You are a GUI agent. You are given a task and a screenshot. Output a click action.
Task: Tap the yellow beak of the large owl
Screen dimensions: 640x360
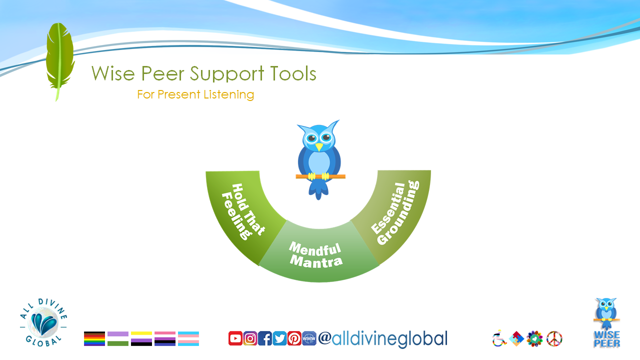coord(319,147)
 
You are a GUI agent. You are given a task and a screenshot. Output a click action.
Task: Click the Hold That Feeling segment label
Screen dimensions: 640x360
coord(243,211)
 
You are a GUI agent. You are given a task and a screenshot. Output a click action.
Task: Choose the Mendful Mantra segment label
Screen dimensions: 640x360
coord(315,255)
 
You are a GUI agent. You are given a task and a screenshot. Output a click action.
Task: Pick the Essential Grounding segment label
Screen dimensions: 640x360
coord(395,212)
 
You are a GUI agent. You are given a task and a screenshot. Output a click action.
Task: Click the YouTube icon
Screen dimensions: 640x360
coord(235,338)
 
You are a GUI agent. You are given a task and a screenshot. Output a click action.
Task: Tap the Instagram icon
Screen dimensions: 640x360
coord(250,338)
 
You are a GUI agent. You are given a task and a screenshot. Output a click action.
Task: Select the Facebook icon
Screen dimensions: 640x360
coord(265,338)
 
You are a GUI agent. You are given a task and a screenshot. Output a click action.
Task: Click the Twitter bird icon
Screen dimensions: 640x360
coord(279,338)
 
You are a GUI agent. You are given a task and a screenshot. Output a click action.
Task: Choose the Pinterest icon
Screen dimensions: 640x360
coord(294,338)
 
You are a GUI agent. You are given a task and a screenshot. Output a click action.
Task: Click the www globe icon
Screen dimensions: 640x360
coord(309,338)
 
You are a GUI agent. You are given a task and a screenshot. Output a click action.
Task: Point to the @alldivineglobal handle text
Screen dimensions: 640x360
coord(383,339)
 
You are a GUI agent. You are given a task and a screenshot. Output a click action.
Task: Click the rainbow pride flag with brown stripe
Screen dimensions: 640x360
coord(94,338)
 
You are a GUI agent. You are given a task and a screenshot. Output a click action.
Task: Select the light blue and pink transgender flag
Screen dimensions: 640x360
coord(188,338)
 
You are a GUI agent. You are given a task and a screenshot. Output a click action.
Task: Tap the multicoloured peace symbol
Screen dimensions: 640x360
coord(554,339)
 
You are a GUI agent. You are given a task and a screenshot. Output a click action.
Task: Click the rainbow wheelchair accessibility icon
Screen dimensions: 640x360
coord(499,338)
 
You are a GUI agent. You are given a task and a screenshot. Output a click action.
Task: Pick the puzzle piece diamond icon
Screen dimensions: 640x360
coord(516,339)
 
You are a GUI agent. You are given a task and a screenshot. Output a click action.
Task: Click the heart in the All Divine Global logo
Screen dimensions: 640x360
coord(43,323)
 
